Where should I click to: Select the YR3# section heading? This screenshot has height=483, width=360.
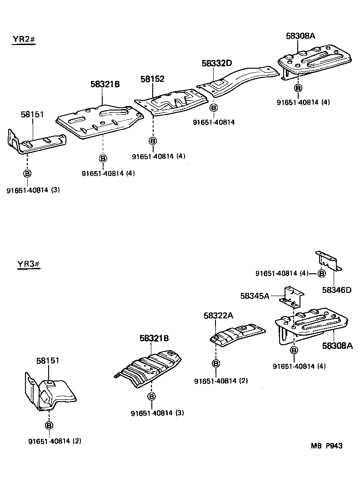(x=29, y=264)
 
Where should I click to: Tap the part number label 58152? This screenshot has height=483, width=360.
(x=152, y=79)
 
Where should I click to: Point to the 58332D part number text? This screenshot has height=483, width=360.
(x=217, y=64)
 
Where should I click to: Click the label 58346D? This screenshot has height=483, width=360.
(x=337, y=290)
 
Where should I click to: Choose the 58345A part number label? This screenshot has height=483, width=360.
(x=255, y=296)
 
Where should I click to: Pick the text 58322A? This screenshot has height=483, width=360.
(x=218, y=316)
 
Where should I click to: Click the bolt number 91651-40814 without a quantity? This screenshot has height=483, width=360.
(x=213, y=122)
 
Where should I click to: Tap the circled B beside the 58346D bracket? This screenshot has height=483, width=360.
(x=321, y=273)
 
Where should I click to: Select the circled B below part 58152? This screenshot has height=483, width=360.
(x=153, y=141)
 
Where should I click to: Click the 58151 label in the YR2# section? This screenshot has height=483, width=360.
(x=32, y=114)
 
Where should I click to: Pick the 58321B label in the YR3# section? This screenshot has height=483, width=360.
(x=155, y=338)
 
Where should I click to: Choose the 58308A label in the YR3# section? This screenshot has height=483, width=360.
(x=337, y=346)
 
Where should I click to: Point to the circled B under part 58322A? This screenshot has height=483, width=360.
(x=215, y=363)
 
